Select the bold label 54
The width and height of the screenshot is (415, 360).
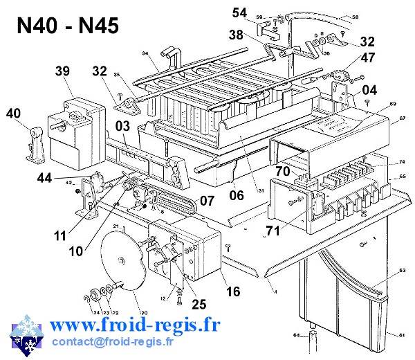click(x=239, y=12)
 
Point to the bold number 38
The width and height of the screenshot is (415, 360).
click(x=236, y=34)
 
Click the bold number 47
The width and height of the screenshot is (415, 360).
click(x=367, y=57)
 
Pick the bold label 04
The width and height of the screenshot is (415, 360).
click(x=369, y=89)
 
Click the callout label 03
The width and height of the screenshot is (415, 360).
click(x=123, y=126)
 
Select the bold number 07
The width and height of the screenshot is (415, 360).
click(x=207, y=201)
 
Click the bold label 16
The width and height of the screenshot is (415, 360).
click(x=233, y=291)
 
